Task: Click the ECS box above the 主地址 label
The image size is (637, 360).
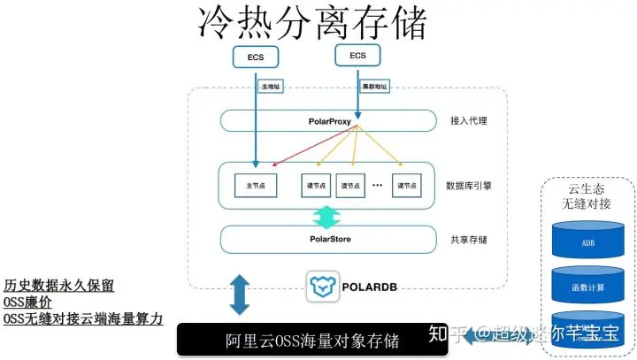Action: (257, 58)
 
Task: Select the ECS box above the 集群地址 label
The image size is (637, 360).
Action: (357, 56)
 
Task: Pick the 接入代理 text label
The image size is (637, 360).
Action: (469, 119)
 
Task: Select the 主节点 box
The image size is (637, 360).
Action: (256, 186)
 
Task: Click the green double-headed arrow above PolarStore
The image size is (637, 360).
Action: (326, 216)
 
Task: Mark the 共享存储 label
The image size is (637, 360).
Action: (469, 238)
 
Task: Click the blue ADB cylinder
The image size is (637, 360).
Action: (587, 241)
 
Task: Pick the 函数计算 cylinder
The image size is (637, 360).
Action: (587, 285)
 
